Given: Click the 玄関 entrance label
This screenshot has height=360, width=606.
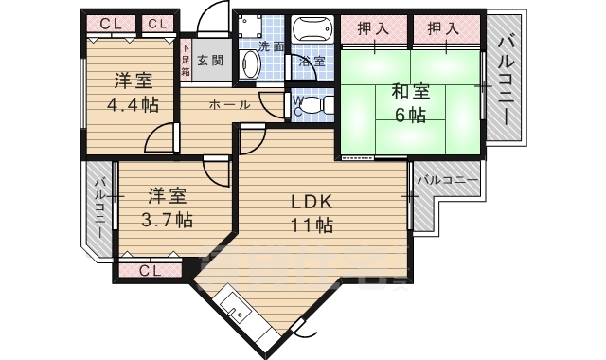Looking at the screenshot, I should (211, 61).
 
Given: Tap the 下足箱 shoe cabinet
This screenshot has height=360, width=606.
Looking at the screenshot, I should (186, 60).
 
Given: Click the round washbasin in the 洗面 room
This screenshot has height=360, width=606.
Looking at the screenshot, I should (250, 65).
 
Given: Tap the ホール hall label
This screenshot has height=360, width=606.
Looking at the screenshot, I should (229, 104).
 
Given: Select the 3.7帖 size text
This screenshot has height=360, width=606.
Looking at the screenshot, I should (167, 220).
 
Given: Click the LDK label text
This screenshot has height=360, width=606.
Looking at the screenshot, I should (310, 201).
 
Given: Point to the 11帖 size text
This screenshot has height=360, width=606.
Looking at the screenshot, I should (311, 225).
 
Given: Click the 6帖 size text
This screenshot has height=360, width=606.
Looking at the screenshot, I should (410, 116).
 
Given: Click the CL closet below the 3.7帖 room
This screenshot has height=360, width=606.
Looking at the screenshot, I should (150, 271).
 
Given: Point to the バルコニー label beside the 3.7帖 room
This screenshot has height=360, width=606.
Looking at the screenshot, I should (98, 207).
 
